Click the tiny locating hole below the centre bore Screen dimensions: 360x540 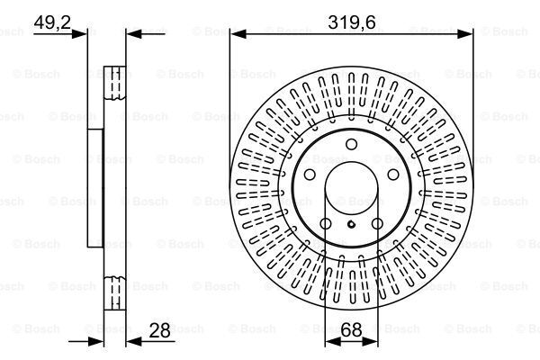point(352,222)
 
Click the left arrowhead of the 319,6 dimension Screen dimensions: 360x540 point(236,34)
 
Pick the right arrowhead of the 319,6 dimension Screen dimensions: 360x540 point(468,34)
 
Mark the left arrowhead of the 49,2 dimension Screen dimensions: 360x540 point(82,34)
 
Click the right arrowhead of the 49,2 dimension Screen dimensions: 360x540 point(130,34)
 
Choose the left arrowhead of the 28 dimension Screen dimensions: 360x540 point(102,341)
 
